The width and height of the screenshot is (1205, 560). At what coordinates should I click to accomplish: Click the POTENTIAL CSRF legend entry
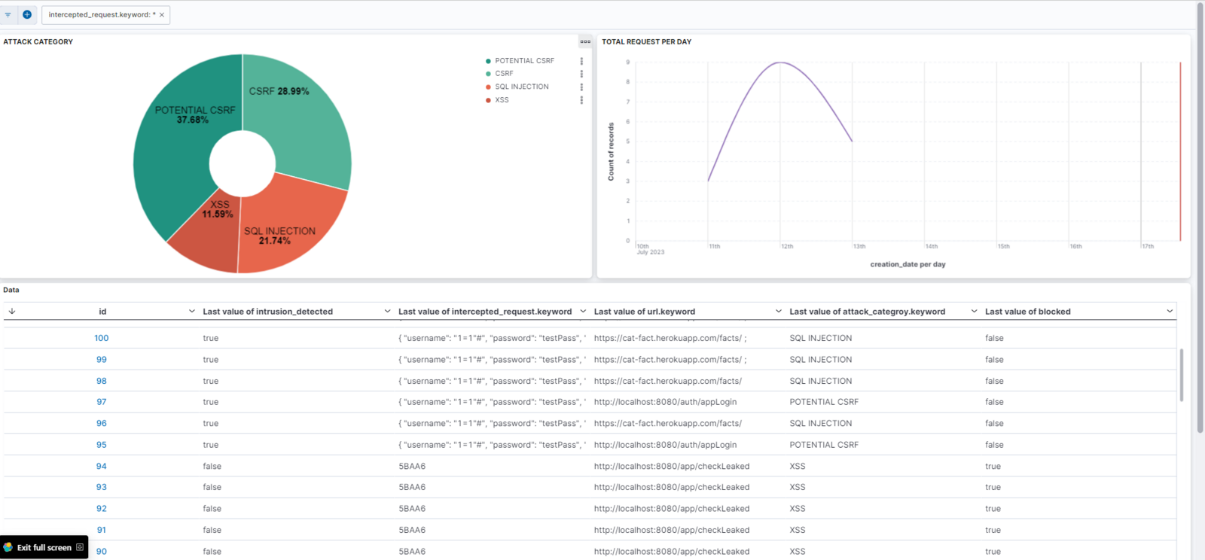click(524, 61)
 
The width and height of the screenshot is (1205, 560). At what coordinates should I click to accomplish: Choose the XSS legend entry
click(502, 100)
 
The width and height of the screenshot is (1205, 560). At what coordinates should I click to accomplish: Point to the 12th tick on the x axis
click(787, 246)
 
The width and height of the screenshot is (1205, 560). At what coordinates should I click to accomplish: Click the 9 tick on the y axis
click(627, 62)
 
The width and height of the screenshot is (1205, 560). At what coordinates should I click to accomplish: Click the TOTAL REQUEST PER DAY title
click(646, 42)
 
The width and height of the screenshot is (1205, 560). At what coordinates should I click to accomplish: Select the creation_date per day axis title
click(908, 264)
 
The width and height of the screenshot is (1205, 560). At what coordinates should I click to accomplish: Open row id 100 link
click(102, 338)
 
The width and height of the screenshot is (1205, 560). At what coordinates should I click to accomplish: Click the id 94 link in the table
click(102, 466)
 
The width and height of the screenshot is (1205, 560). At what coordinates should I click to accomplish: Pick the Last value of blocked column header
click(1027, 312)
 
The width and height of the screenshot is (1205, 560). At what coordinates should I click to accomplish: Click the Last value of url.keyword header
click(644, 312)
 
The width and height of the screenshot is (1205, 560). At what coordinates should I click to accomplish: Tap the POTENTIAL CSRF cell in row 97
click(824, 402)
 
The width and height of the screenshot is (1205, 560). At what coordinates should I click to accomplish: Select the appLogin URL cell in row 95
click(665, 445)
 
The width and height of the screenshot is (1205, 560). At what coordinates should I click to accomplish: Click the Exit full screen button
click(44, 547)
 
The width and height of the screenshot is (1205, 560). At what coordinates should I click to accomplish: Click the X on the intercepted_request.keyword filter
click(162, 15)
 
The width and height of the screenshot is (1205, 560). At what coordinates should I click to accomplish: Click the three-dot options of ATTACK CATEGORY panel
click(585, 42)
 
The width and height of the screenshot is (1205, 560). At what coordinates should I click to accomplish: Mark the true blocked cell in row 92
click(993, 509)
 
